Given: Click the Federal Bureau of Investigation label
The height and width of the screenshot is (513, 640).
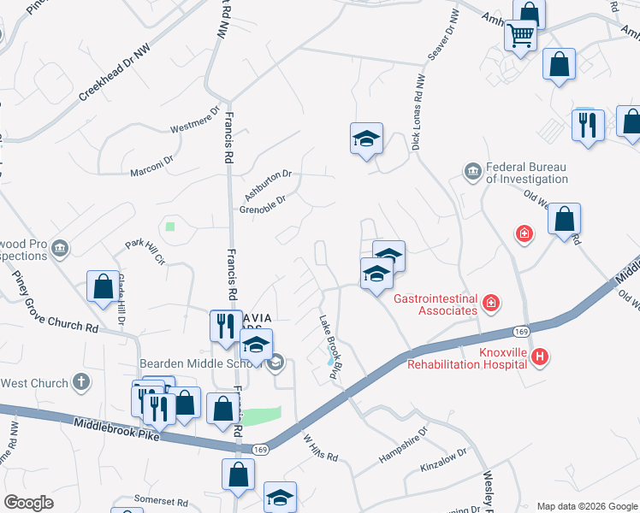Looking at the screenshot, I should click(x=526, y=173).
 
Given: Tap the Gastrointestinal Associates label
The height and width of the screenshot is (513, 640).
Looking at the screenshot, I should click(x=435, y=304).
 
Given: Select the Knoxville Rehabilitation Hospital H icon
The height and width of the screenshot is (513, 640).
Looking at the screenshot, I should click(x=539, y=357).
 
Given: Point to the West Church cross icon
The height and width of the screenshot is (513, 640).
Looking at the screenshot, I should click(x=80, y=382).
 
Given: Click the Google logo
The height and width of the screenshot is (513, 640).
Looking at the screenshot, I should click(x=28, y=503).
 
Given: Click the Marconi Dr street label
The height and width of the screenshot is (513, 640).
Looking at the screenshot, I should click(x=151, y=165).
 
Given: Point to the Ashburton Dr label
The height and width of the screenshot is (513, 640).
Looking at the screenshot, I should click(x=268, y=184).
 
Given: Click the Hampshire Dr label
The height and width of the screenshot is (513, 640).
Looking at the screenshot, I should click(x=402, y=446).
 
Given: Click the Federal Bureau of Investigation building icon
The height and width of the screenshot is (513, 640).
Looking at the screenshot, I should click(x=471, y=173).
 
